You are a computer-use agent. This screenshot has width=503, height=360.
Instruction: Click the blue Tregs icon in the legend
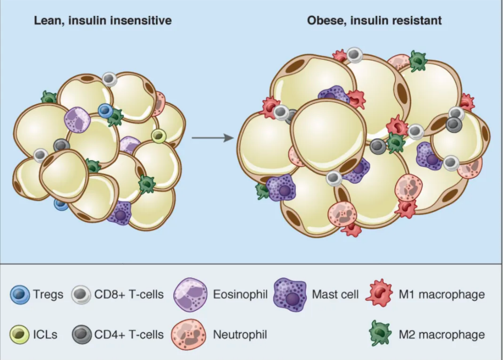point(20,295)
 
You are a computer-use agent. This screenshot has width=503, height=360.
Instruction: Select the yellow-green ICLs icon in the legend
point(20,335)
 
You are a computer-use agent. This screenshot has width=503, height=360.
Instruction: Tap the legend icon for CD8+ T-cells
point(81,295)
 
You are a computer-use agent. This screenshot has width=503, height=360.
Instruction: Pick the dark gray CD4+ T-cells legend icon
point(81,335)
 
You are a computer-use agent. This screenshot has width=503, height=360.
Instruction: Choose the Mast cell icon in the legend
point(290,295)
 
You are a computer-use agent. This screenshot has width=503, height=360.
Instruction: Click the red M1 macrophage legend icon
point(379,293)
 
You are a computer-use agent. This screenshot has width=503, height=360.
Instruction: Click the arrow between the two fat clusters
point(213,138)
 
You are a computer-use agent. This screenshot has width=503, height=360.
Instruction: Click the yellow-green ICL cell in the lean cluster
point(158,136)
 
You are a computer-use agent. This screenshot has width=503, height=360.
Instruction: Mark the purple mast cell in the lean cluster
point(120,213)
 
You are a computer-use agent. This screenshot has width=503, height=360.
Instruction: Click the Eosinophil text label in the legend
point(240,294)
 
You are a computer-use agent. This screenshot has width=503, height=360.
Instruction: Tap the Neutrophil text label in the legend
point(240,335)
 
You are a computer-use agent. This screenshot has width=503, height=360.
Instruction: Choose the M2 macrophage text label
point(442,335)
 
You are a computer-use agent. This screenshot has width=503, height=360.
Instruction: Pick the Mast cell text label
point(335,294)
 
